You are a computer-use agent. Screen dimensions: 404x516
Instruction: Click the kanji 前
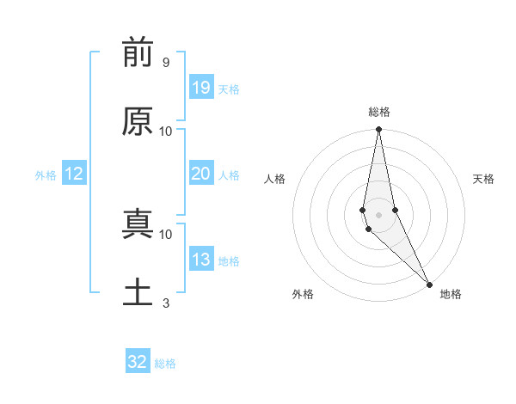click(x=138, y=53)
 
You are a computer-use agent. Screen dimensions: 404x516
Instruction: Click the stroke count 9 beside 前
click(x=165, y=63)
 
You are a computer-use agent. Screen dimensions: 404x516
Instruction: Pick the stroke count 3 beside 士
click(x=165, y=303)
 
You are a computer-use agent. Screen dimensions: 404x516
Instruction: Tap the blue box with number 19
click(x=200, y=88)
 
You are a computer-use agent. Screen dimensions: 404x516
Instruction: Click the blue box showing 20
click(x=200, y=174)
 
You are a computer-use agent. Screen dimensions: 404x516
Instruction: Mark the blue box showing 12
click(x=74, y=174)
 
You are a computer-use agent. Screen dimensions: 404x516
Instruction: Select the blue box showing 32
click(x=138, y=362)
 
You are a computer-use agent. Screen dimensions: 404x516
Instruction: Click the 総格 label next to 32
click(x=165, y=364)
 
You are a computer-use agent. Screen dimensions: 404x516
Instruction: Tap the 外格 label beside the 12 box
click(x=46, y=175)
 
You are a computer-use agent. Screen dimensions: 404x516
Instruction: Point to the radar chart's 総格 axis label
click(x=379, y=112)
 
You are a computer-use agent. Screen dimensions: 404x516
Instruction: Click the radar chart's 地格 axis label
click(x=451, y=294)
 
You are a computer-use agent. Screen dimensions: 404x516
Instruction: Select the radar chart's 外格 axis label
click(x=303, y=294)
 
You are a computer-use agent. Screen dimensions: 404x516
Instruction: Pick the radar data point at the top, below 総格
click(x=378, y=130)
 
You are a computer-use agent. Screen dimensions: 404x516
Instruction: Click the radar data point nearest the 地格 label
click(x=429, y=284)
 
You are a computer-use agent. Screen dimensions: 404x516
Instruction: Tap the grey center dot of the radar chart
click(x=378, y=214)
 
